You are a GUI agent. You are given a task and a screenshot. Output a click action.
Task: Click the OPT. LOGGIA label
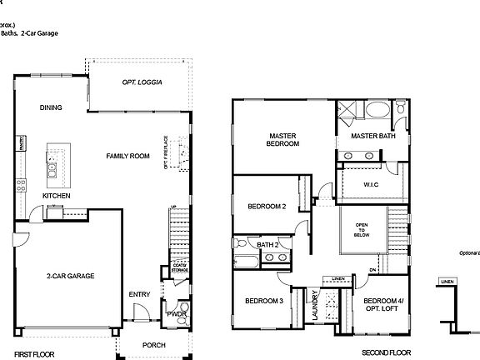click(142, 82)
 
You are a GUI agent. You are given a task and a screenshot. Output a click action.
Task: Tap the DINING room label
click(51, 107)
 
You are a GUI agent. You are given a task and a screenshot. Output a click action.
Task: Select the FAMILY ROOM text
click(127, 156)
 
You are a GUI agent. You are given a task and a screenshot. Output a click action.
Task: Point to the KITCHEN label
click(56, 196)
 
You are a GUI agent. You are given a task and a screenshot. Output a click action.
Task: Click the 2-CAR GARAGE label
click(70, 276)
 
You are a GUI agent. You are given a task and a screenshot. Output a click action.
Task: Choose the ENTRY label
click(139, 294)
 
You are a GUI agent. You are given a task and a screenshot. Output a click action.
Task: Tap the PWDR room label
click(176, 314)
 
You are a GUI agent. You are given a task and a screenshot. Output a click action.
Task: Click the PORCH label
click(153, 345)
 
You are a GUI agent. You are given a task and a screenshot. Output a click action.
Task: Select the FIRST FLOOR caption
click(34, 354)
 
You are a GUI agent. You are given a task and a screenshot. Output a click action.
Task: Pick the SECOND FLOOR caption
click(387, 353)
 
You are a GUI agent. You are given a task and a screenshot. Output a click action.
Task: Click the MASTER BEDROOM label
click(283, 139)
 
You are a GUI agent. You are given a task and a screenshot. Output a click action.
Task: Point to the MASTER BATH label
click(372, 136)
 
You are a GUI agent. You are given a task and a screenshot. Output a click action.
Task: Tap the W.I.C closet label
click(372, 184)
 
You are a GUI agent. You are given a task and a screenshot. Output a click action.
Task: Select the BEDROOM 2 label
click(267, 206)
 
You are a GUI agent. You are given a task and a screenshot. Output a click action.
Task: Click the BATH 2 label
click(267, 244)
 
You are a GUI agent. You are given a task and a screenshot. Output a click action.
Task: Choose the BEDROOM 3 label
click(264, 301)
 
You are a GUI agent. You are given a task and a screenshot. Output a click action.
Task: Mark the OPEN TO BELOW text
click(362, 229)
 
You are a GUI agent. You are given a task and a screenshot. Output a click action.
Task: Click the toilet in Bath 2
click(240, 243)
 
